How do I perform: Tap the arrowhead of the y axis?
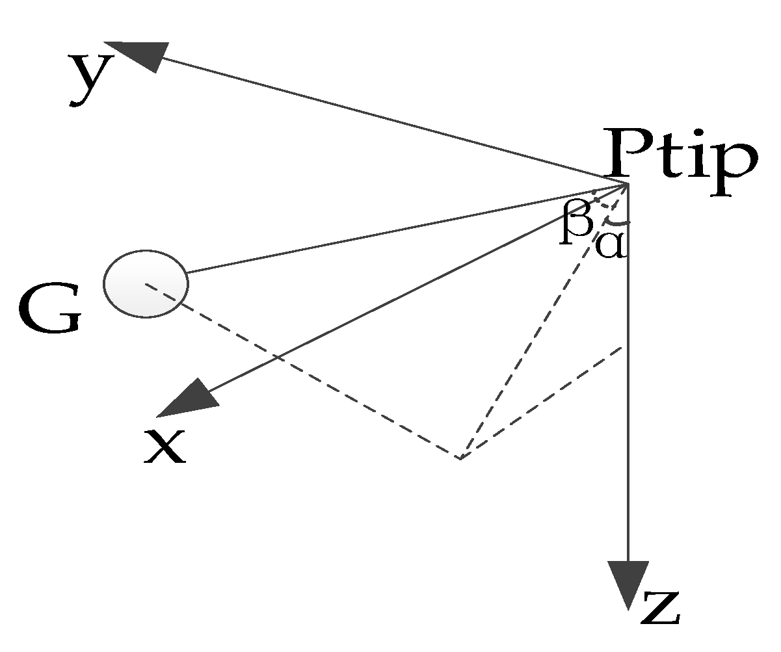coord(138,55)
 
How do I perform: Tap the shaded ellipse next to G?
coord(146,283)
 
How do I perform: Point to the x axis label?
coord(165,447)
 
